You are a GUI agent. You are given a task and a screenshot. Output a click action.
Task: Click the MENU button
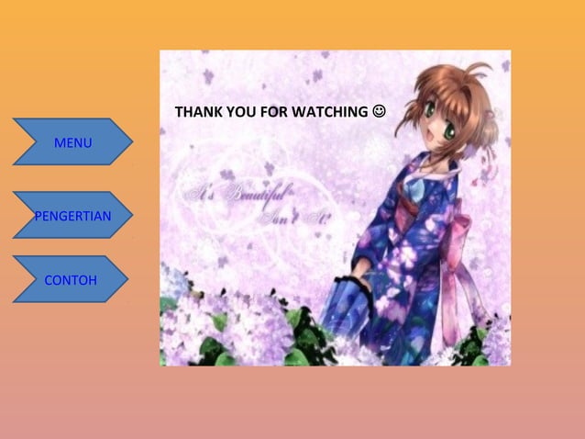click(72, 142)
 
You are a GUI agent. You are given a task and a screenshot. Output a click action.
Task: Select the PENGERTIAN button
click(72, 216)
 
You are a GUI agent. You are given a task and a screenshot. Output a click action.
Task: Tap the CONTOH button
click(71, 279)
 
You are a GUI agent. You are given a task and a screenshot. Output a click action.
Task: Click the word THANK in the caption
click(196, 113)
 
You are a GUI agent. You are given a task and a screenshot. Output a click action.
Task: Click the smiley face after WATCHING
click(380, 112)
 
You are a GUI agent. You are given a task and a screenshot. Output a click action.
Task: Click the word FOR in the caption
click(271, 113)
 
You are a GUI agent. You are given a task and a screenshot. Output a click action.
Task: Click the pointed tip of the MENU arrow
click(132, 142)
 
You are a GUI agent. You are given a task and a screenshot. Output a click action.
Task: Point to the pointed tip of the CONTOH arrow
click(127, 279)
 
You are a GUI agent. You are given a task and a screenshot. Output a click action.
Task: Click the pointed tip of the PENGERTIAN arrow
click(132, 216)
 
